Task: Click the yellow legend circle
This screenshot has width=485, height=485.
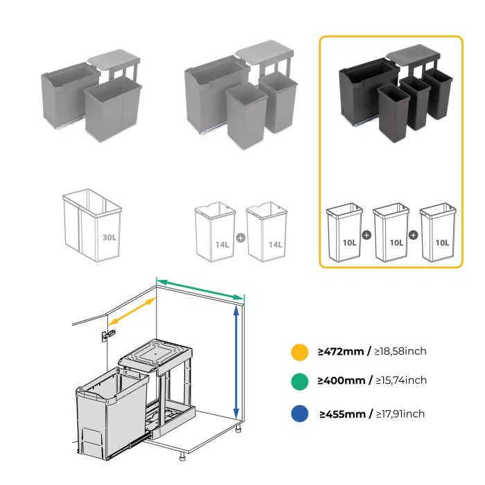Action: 299,351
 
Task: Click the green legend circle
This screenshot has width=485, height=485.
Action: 299,380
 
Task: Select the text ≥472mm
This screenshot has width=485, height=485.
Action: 342,351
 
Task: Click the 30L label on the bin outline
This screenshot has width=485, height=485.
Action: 109,237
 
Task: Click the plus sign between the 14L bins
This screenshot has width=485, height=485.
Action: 240,237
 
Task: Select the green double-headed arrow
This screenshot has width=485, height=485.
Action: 200,288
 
